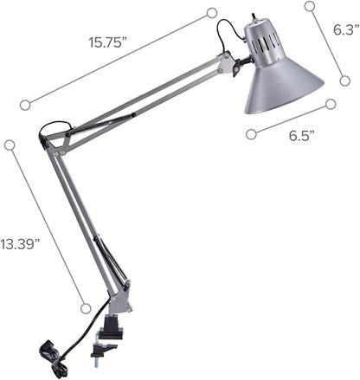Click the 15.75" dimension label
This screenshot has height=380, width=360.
pos(107,41)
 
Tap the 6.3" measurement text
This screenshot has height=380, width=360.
pos(345,29)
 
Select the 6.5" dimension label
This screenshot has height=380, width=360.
pos(300,135)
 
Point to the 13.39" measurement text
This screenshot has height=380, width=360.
pos(21,244)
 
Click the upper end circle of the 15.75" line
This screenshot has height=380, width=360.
pos(211,12)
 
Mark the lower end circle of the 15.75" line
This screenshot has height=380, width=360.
pos(25,105)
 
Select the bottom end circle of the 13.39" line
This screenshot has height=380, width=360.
pos(86,307)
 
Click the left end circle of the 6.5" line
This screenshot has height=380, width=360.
pos(251,133)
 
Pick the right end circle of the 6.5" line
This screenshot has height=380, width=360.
pos(330,104)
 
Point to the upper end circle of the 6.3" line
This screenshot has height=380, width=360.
pos(310,6)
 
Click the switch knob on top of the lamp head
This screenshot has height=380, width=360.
pos(254,17)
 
